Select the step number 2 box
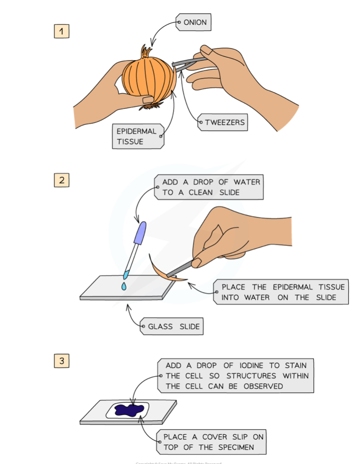(x=61, y=180)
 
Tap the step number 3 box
(x=61, y=361)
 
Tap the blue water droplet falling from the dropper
(x=124, y=286)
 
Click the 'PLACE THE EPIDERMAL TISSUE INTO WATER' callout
(x=280, y=292)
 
